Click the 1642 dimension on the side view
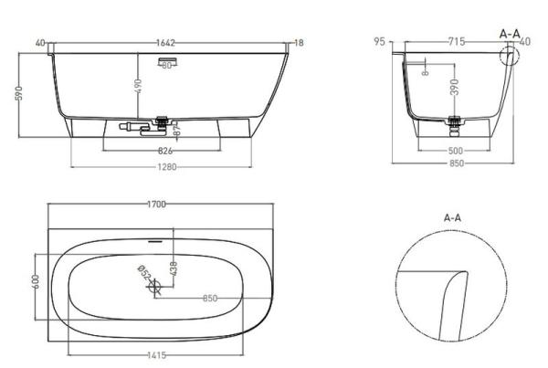point(163,42)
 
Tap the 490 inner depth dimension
point(137,84)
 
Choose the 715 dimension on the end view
point(457,42)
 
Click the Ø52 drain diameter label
point(143,272)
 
